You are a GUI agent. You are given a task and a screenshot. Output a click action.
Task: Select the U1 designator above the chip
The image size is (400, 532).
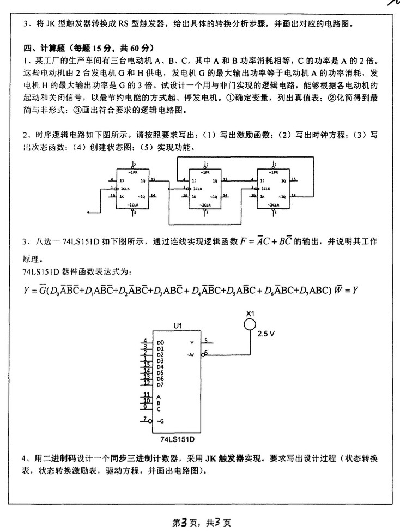pos(177,325)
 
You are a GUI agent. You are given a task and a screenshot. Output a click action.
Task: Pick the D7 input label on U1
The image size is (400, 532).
pos(160,384)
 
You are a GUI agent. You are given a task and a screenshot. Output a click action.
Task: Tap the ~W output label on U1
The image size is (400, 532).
pos(191,355)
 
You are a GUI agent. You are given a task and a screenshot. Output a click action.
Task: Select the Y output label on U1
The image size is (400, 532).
pos(192,342)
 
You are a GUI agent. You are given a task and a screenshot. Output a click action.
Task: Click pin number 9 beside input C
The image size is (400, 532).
pos(145,406)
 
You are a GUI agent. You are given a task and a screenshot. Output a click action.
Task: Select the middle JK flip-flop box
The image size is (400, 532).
pos(205,188)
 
